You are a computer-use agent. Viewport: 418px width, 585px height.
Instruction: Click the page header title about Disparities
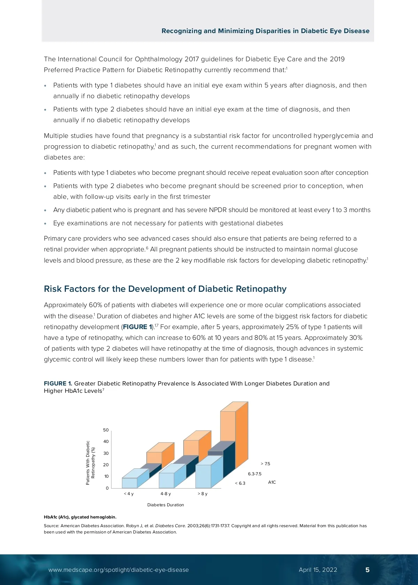pos(265,31)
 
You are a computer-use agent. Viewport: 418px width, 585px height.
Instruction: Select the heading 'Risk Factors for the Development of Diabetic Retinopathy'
pos(165,289)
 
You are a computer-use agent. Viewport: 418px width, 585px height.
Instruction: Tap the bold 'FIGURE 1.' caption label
pos(58,383)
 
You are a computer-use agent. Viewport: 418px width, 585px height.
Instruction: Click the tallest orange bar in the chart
pos(228,426)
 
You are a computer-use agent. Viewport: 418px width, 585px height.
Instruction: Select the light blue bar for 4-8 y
pos(167,480)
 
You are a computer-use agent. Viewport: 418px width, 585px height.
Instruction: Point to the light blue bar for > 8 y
pos(203,476)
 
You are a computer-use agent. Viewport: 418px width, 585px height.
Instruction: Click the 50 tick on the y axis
pos(106,430)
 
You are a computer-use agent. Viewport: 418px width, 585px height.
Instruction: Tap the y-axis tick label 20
pos(106,465)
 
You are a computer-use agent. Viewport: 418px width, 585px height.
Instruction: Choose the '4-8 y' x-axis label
pos(165,494)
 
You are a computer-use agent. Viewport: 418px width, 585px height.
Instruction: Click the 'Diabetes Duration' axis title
pos(165,505)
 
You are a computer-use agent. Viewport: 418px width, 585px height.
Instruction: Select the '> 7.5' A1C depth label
pos(265,464)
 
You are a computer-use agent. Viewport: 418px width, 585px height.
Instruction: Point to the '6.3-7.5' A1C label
pos(255,474)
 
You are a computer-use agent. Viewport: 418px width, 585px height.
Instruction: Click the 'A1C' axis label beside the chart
pos(272,482)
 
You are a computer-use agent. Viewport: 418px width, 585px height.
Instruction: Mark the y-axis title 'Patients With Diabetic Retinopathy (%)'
pos(90,463)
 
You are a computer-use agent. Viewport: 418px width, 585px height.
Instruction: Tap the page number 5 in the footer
pos(367,570)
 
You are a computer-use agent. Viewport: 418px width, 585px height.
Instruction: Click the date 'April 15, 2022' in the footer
pos(318,570)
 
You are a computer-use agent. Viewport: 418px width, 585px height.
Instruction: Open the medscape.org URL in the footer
pos(118,570)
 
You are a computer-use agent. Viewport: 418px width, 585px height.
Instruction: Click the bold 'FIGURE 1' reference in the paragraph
pos(138,327)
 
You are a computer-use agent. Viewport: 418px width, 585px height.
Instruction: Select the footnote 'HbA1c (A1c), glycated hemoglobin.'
pos(80,517)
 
